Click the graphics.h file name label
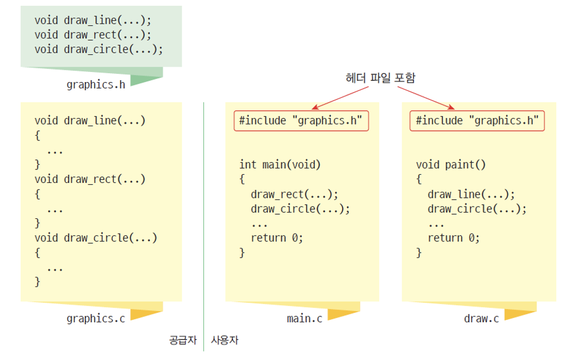[96, 84]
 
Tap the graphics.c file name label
[96, 319]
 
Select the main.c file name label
[304, 319]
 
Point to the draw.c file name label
[481, 319]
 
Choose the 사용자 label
[225, 341]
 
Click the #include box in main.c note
[301, 120]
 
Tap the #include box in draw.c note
[477, 120]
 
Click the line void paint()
[451, 165]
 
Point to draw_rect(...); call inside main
[294, 194]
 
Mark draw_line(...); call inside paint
[471, 194]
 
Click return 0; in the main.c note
[277, 238]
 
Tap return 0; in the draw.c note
[453, 238]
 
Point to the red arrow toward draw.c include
[426, 97]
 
